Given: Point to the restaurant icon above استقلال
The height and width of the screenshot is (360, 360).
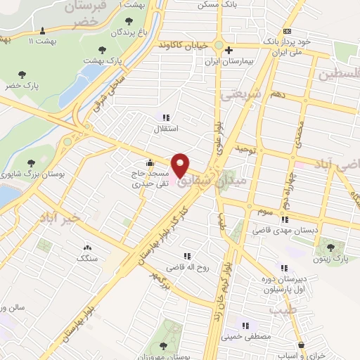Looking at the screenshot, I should (166, 118).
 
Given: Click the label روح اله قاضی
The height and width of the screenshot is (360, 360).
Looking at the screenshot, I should (184, 267).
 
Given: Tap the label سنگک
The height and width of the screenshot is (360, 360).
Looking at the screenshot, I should (87, 258).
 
